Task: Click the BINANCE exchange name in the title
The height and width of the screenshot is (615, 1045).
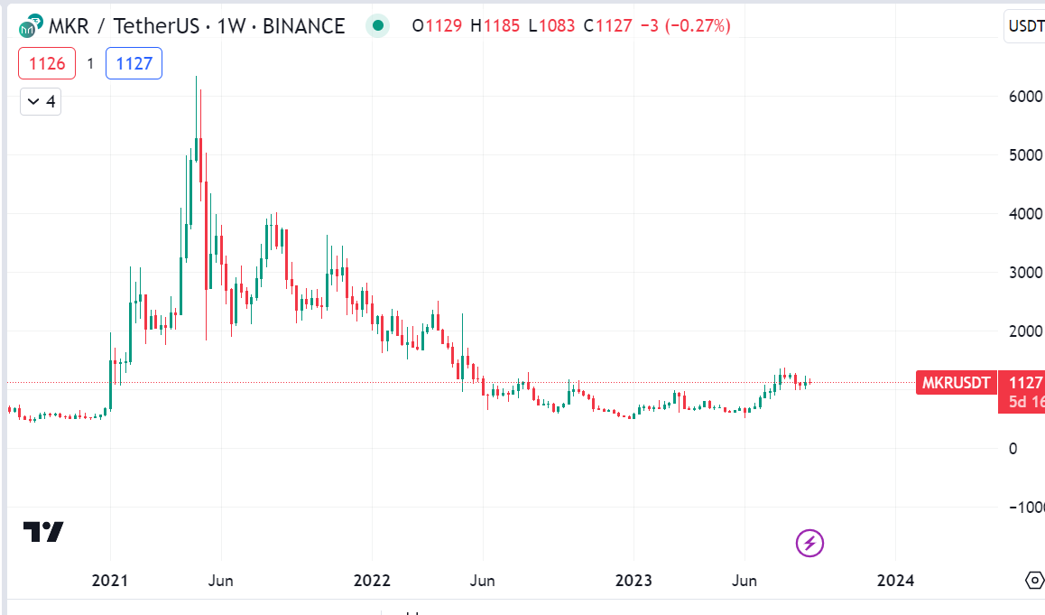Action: (303, 26)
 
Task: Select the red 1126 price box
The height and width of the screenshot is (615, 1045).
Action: (46, 63)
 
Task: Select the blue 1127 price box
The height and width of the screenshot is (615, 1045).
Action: (134, 63)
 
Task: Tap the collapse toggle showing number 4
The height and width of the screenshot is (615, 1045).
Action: (41, 101)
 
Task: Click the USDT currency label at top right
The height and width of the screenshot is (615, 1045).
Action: (1026, 26)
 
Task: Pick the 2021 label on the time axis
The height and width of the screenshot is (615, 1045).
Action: (110, 580)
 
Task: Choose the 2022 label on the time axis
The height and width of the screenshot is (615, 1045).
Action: (372, 580)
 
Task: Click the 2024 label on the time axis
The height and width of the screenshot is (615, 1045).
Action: (894, 580)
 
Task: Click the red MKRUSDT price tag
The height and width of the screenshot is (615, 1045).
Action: (956, 383)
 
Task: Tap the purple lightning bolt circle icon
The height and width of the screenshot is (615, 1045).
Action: (809, 543)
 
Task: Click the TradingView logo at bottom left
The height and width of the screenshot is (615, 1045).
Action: (43, 532)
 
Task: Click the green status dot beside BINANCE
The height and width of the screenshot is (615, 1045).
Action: (378, 26)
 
